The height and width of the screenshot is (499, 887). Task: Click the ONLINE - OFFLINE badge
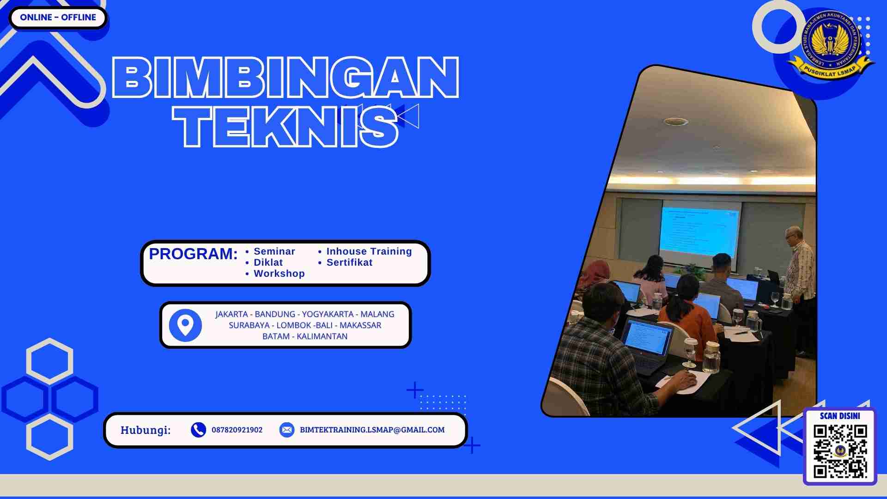(58, 18)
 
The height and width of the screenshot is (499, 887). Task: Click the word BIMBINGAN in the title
(286, 78)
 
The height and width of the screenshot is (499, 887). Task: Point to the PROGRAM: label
(193, 254)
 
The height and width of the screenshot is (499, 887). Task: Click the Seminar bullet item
(274, 251)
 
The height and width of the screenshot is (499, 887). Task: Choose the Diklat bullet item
(268, 262)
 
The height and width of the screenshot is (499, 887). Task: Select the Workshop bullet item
(279, 274)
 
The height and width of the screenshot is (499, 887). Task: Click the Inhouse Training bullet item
(369, 251)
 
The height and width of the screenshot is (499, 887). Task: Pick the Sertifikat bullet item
(349, 262)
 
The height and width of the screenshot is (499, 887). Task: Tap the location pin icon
(185, 325)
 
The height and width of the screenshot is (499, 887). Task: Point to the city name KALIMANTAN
(322, 336)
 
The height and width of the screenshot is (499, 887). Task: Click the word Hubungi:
(146, 430)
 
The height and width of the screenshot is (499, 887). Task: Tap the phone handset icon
(198, 430)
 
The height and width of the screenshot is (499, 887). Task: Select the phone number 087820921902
(237, 430)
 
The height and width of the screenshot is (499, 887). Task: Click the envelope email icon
(286, 430)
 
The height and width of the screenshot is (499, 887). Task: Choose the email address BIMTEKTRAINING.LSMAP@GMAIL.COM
(372, 430)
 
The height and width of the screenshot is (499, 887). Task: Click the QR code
(840, 451)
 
